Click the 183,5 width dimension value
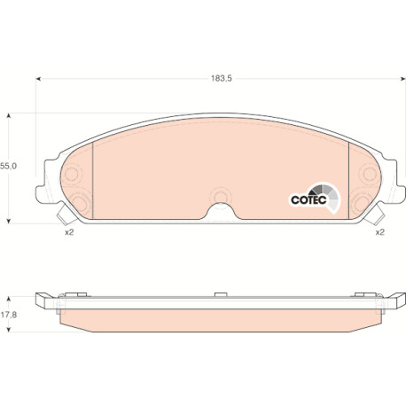click(222, 79)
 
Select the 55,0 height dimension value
click(9, 166)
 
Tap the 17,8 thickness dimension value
click(9, 315)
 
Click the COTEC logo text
click(308, 199)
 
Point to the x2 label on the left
click(69, 232)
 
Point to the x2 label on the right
click(380, 232)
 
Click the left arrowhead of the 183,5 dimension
click(38, 79)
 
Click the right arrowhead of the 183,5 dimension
click(402, 79)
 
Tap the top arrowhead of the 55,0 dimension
click(9, 115)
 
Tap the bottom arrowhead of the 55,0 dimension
click(9, 221)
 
